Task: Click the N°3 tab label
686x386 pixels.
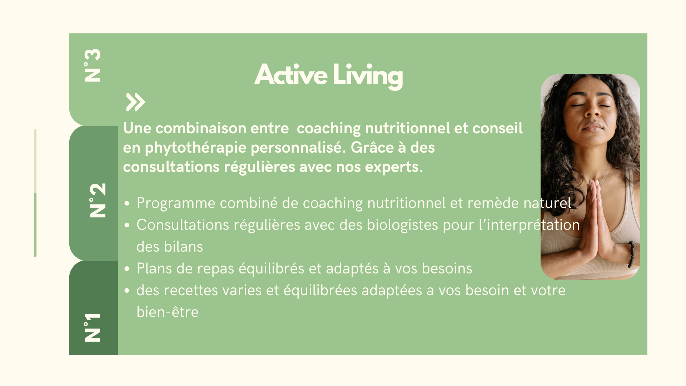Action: click(93, 65)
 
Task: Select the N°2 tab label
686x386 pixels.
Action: click(98, 200)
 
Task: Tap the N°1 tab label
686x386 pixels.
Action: click(93, 327)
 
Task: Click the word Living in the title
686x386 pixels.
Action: click(368, 76)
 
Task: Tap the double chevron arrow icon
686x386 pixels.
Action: click(136, 102)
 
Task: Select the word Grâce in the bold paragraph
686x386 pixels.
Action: click(372, 147)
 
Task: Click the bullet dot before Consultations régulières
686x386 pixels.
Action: click(127, 225)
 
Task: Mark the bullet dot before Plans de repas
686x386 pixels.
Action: click(127, 269)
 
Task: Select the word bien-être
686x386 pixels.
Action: click(167, 312)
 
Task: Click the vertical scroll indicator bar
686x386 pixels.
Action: click(35, 193)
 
